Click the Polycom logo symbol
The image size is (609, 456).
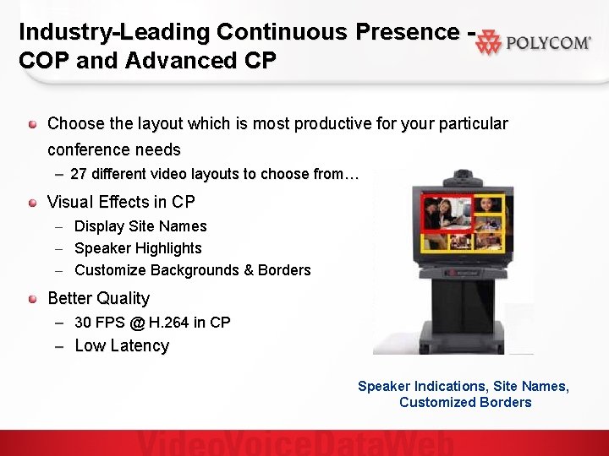tap(488, 44)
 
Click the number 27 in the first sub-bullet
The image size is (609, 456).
tap(79, 175)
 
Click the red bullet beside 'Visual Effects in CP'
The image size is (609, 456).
tap(32, 203)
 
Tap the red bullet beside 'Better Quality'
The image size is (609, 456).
tap(32, 299)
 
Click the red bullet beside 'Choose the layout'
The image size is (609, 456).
tap(32, 124)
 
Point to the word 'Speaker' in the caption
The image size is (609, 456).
tap(384, 386)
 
